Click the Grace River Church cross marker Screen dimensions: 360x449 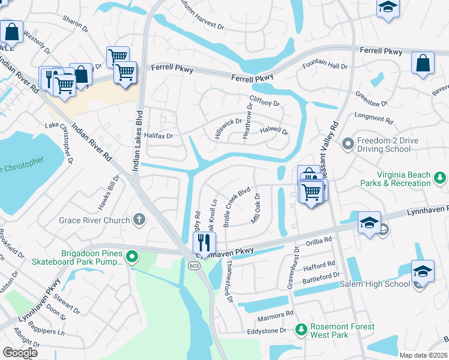click(139, 220)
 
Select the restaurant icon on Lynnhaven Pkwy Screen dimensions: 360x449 click(204, 243)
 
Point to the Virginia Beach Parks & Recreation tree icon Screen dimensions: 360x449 click(440, 178)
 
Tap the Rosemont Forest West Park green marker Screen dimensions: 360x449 click(301, 331)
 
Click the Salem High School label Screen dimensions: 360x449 click(375, 283)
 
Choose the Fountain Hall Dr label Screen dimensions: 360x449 click(325, 65)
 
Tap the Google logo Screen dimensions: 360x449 click(20, 352)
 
